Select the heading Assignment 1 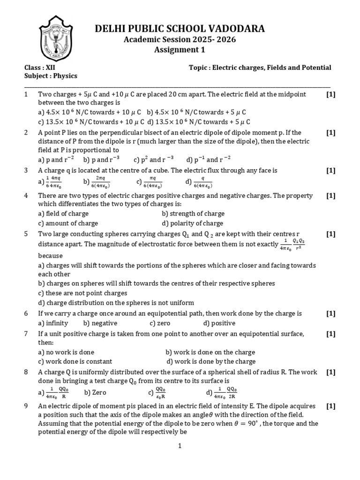(180, 50)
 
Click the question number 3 (26, 171)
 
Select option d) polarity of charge (192, 223)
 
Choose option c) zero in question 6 (160, 323)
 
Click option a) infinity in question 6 (53, 323)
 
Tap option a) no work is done (66, 352)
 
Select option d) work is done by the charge (211, 361)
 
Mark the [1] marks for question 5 (331, 233)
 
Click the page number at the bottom (180, 447)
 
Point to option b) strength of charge (193, 214)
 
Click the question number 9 (26, 406)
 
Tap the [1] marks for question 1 (331, 94)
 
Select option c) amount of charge (68, 223)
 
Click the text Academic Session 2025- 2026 (180, 40)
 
